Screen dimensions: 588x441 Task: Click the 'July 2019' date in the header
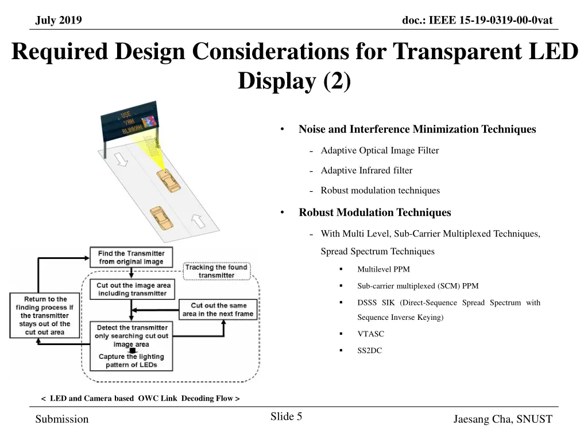click(x=59, y=21)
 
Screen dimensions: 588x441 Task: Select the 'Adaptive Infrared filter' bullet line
click(x=366, y=171)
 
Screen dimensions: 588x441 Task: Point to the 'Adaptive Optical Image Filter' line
click(x=380, y=150)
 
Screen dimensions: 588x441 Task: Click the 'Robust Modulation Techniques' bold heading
click(x=374, y=212)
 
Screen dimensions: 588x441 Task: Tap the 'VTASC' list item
click(x=370, y=334)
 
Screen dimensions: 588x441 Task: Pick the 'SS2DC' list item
click(x=369, y=350)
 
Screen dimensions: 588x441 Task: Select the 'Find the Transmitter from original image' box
click(x=131, y=257)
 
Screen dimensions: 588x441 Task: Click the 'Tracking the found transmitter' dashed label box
click(x=216, y=271)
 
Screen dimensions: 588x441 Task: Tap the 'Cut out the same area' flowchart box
click(x=218, y=310)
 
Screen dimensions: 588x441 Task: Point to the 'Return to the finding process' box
click(x=45, y=316)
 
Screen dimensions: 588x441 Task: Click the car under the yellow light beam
click(x=168, y=182)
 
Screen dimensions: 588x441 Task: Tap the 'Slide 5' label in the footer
click(x=286, y=417)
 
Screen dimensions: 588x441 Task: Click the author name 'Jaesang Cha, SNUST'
click(x=502, y=419)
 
